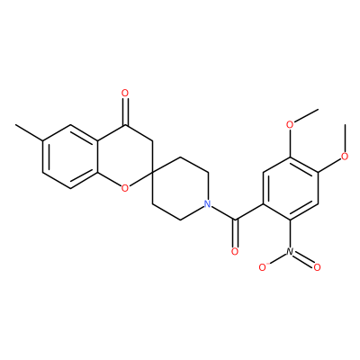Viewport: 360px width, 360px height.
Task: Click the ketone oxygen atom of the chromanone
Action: click(x=125, y=94)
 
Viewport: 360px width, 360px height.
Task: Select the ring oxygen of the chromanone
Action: click(x=125, y=188)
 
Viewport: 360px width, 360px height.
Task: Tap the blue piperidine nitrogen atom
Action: click(x=207, y=204)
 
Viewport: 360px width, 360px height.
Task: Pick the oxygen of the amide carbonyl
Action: click(x=235, y=251)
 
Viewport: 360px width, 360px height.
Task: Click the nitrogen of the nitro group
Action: click(x=290, y=251)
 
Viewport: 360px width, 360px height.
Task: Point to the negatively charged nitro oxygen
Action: click(x=263, y=267)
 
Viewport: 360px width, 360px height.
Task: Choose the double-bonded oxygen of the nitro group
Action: click(x=317, y=267)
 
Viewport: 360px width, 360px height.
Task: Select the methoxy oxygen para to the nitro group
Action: click(x=290, y=124)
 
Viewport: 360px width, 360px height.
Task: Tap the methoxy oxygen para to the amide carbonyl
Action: click(x=345, y=157)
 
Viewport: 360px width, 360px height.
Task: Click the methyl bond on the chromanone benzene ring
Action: click(x=29, y=132)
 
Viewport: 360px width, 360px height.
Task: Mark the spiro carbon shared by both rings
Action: click(x=152, y=172)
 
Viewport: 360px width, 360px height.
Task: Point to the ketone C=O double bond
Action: click(x=125, y=112)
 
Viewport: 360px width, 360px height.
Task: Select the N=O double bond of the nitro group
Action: click(x=303, y=259)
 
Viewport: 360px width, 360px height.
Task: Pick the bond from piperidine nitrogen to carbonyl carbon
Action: click(x=223, y=213)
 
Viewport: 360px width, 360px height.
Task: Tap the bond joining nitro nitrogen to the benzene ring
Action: click(x=290, y=234)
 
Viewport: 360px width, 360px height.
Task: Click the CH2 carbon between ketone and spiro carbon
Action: click(x=152, y=140)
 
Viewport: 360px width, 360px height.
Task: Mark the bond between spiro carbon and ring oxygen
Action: click(x=140, y=179)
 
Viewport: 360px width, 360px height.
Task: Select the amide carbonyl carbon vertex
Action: click(x=235, y=220)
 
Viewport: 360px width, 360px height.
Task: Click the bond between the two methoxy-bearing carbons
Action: click(x=303, y=165)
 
